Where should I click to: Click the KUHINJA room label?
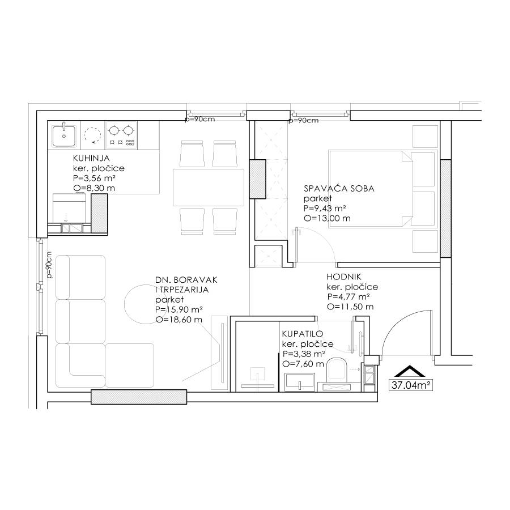coord(91,159)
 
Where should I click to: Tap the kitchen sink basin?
coord(64,135)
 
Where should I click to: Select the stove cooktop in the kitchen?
coord(121,135)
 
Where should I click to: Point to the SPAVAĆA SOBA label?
coord(339,188)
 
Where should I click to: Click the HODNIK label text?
coord(344,277)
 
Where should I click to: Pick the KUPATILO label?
coord(303,334)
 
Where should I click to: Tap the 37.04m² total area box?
coord(411,385)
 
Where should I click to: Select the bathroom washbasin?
coord(300,382)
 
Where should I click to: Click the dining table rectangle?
coord(209,188)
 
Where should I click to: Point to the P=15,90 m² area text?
coord(179,309)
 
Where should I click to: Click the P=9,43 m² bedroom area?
coord(324,208)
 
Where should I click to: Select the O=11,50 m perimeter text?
coord(350,307)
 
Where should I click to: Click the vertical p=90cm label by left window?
coord(49,265)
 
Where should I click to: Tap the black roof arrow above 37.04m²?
coord(410,371)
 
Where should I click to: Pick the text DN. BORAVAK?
coord(186,280)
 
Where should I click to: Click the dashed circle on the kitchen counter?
coord(92,135)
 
